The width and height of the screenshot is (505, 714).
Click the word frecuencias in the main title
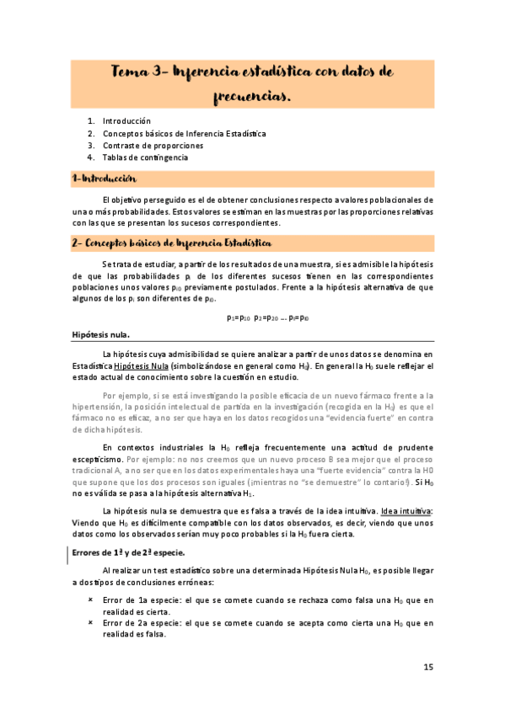click(253, 98)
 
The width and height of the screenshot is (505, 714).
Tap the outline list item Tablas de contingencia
click(145, 157)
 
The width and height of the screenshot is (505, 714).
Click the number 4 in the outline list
click(90, 157)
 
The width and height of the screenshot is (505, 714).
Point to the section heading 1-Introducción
click(104, 179)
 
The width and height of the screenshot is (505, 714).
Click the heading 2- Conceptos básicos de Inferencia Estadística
click(171, 243)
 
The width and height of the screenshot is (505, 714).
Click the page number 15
click(428, 667)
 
